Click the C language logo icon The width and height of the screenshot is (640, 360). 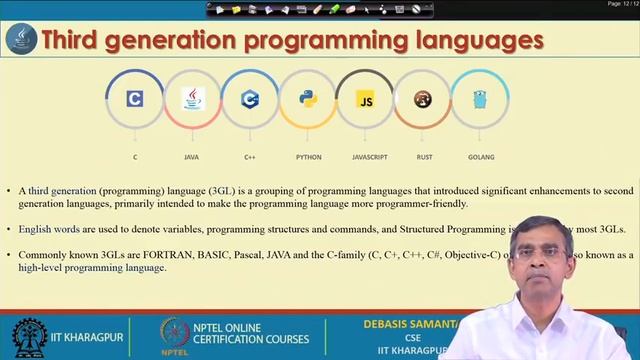point(135,98)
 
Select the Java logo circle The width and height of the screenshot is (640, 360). point(192,98)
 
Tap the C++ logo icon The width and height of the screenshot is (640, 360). point(250,98)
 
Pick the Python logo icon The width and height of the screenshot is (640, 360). point(308,98)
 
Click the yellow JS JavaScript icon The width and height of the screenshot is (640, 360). point(366,100)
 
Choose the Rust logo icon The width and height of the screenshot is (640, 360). point(423,99)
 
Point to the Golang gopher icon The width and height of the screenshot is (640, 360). point(480,98)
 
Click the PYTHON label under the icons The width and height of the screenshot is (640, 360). point(308,157)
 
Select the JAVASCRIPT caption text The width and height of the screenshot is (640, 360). point(366,157)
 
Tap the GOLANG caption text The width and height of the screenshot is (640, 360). point(480,157)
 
